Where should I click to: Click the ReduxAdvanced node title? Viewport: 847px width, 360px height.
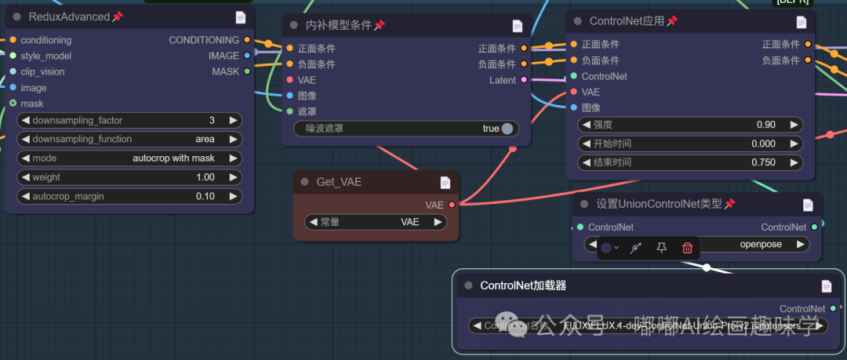69,16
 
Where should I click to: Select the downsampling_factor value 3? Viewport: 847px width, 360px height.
212,121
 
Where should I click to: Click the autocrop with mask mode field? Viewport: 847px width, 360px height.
173,158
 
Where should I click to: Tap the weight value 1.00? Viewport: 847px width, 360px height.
205,177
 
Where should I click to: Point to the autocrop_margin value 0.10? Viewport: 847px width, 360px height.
205,196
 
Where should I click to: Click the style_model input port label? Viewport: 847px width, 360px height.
45,56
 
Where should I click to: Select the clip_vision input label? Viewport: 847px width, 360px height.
44,71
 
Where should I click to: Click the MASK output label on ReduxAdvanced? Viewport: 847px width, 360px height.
226,71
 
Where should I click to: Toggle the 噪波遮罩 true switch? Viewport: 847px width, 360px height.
507,129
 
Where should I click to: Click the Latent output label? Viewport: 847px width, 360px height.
503,80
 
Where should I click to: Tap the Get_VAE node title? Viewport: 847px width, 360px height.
339,182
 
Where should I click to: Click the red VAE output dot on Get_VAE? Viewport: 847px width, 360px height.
452,205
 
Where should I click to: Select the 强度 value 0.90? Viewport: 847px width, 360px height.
765,125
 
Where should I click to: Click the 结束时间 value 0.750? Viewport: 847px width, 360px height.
762,162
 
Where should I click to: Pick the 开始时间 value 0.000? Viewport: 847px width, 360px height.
762,144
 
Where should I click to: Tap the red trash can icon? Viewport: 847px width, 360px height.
687,248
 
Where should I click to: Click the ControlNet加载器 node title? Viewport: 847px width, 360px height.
523,286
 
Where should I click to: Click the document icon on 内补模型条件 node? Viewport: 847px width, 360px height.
517,26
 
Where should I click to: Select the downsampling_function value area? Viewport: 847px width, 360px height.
205,140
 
